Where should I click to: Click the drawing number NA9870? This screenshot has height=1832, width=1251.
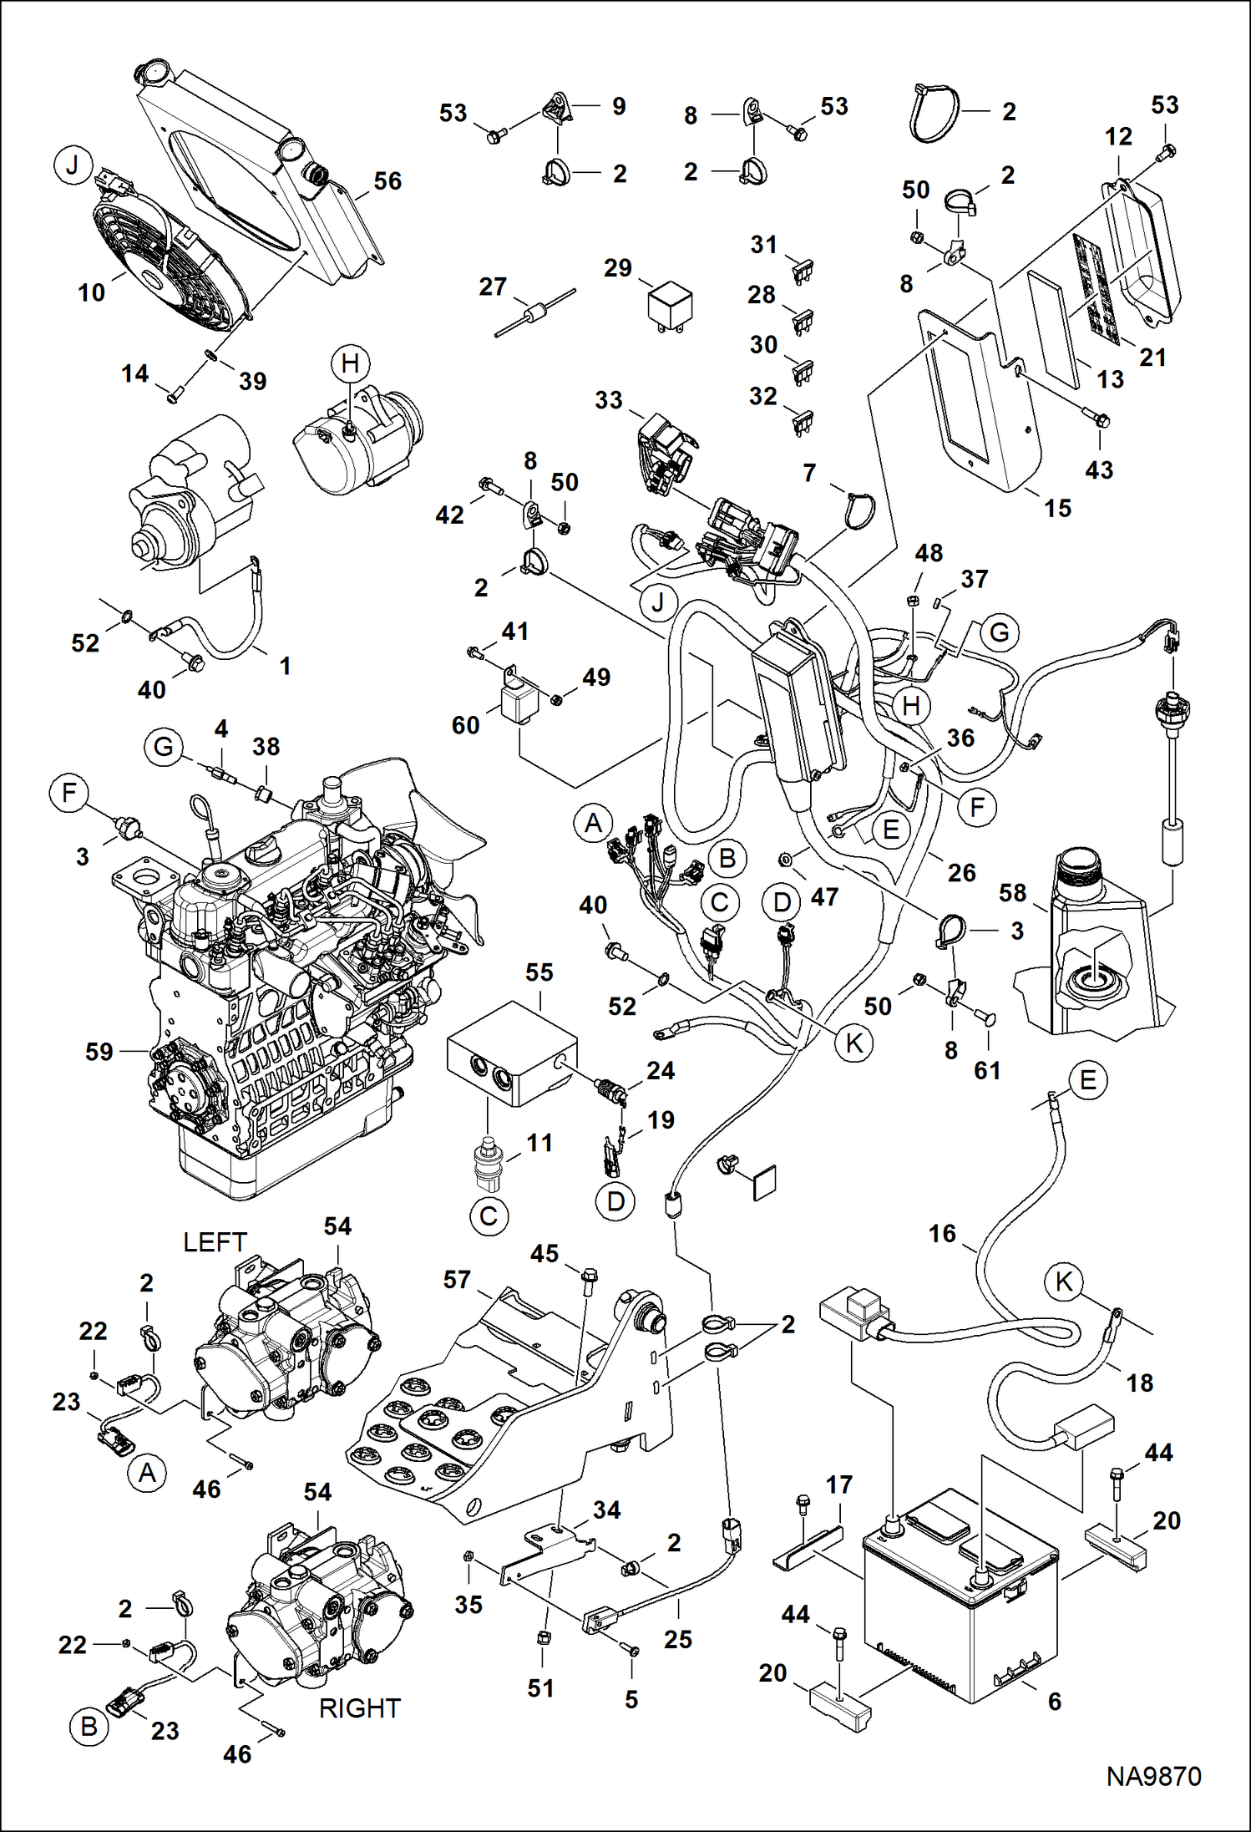[x=1153, y=1776]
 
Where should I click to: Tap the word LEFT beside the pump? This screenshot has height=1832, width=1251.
[x=215, y=1242]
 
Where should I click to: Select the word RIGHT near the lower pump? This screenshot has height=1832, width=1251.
[x=360, y=1708]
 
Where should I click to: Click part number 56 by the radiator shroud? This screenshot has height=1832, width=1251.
[x=387, y=181]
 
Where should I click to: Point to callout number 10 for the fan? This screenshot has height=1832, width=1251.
[x=92, y=292]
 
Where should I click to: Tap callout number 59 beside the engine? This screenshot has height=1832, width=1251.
[x=99, y=1051]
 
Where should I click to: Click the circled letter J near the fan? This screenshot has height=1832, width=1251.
[x=73, y=165]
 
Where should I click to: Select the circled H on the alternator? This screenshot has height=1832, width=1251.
[x=350, y=363]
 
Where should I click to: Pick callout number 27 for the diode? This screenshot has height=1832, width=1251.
[x=493, y=287]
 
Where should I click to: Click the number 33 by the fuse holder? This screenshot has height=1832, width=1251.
[x=609, y=400]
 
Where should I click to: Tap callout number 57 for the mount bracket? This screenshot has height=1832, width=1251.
[x=457, y=1279]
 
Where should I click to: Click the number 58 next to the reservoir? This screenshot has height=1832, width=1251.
[x=1012, y=893]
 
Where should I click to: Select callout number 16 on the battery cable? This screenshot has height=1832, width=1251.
[x=942, y=1233]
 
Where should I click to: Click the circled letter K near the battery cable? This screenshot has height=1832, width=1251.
[x=1064, y=1281]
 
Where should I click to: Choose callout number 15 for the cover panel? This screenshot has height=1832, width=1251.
[x=1057, y=508]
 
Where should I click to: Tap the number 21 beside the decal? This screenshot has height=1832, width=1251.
[x=1152, y=358]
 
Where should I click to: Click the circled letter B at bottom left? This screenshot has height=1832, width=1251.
[x=89, y=1727]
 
